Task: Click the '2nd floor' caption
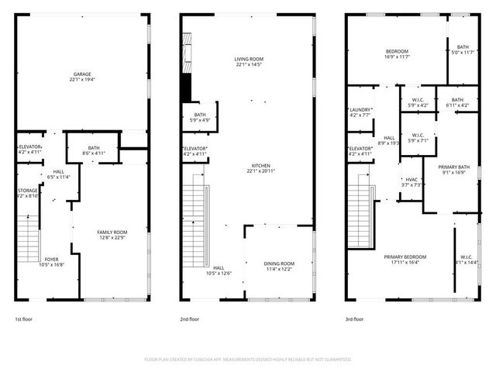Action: click(x=190, y=319)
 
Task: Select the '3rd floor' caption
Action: click(x=355, y=319)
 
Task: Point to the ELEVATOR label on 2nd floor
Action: click(x=195, y=151)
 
